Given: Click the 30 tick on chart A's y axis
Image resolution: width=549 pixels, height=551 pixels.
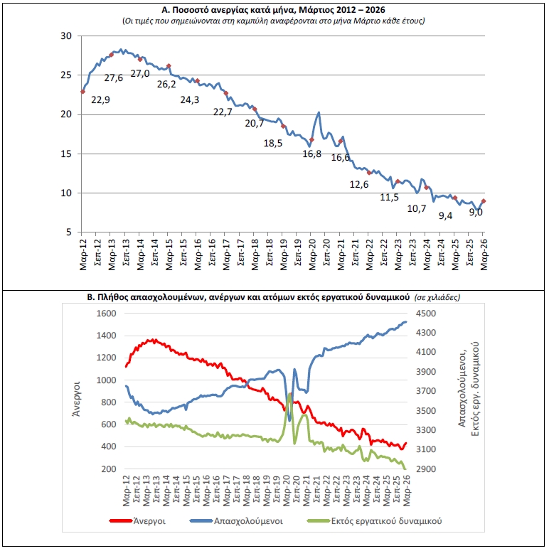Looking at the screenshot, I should pos(67,36).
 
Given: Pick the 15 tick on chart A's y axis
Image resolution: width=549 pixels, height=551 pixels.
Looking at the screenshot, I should pos(67,154).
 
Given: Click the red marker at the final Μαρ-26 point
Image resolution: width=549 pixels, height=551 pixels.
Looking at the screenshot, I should pos(484,201).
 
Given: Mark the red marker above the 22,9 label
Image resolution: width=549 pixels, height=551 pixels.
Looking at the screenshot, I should pos(83,92).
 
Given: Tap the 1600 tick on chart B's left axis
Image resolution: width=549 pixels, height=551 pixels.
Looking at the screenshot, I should pos(105,314).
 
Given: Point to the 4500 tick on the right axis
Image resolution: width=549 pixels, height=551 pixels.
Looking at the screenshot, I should pos(426,314).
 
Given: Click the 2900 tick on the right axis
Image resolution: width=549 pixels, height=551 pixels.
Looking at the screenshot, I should pos(426,469).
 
